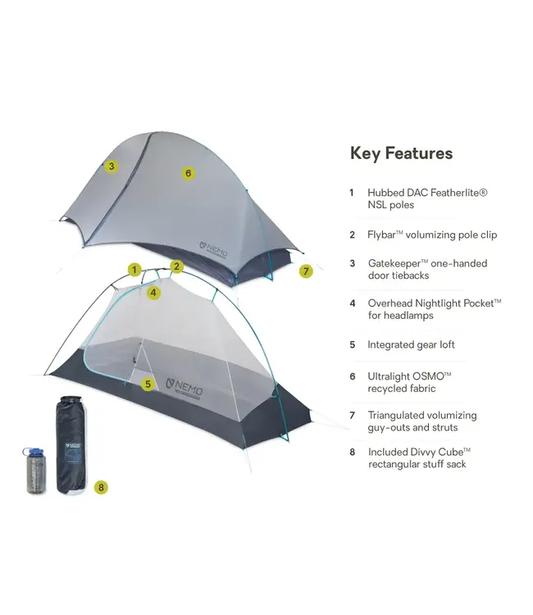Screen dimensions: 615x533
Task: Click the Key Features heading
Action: tap(401, 153)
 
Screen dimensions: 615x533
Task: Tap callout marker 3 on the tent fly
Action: tap(112, 166)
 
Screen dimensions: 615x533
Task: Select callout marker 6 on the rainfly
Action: tap(189, 173)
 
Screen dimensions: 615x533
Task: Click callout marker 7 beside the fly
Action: tap(306, 271)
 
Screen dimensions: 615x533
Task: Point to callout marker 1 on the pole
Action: tap(134, 269)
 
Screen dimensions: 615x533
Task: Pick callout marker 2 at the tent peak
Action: tap(176, 266)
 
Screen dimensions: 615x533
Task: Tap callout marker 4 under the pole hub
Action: tap(154, 292)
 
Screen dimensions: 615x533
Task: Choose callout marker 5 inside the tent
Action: tap(148, 383)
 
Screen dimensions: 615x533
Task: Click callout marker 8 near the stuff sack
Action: tap(100, 487)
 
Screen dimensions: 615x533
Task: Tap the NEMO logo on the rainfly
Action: tap(216, 245)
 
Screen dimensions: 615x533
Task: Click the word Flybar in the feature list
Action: tap(384, 235)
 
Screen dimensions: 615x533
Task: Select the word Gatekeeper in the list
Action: tap(397, 263)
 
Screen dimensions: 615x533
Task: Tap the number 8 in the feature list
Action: tap(351, 452)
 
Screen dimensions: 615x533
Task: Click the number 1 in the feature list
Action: tap(351, 193)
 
